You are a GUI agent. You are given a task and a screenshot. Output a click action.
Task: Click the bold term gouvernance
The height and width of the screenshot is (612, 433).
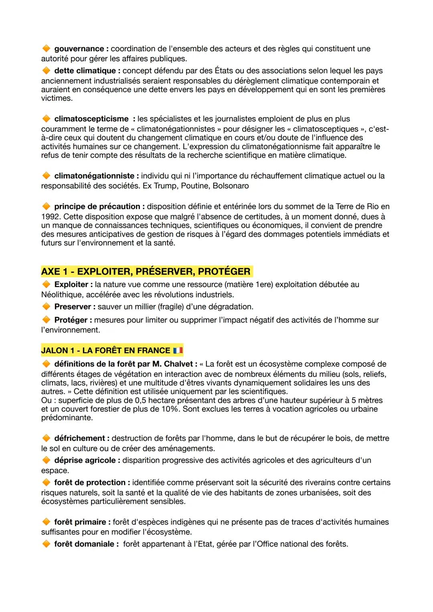79,49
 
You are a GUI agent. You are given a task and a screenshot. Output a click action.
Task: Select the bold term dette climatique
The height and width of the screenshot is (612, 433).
85,71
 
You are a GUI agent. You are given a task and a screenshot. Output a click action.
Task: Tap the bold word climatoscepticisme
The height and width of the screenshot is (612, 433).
91,119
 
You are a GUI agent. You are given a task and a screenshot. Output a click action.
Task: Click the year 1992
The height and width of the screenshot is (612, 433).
50,217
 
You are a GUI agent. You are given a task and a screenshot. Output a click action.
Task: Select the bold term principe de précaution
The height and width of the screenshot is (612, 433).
97,207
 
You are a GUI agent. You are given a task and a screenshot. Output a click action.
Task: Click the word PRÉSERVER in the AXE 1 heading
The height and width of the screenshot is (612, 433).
164,272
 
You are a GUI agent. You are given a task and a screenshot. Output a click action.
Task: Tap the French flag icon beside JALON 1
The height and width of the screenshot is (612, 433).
178,351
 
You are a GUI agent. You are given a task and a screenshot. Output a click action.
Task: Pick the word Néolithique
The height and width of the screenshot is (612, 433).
61,295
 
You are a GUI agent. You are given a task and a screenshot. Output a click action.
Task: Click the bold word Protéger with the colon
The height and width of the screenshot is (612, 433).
73,320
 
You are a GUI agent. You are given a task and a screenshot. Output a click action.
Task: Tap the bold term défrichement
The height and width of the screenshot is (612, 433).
79,438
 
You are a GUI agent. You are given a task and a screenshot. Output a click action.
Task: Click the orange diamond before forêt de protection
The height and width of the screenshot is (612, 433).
46,483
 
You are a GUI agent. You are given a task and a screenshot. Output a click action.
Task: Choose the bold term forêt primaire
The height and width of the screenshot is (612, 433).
80,522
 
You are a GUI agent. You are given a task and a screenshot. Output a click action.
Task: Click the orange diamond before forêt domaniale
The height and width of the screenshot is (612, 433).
46,544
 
